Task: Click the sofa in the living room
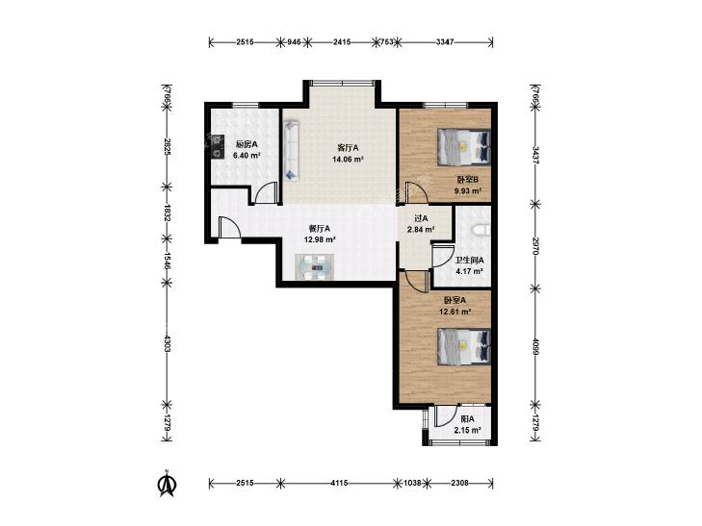tap(292, 150)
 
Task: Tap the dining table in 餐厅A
tap(315, 267)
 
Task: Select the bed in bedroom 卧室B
tap(464, 146)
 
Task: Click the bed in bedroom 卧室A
tap(464, 346)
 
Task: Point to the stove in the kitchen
tap(218, 146)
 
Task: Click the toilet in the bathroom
tap(481, 229)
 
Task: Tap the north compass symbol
tap(167, 484)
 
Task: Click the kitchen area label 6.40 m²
tap(247, 156)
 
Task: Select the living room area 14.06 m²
tap(348, 159)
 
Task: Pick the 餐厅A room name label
tap(320, 228)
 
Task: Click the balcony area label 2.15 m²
tap(467, 431)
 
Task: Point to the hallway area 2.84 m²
tap(421, 230)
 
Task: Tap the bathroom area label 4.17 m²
tap(469, 271)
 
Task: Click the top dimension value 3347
tap(445, 42)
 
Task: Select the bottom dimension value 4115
tap(340, 483)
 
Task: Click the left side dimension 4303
tap(167, 343)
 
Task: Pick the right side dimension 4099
tap(534, 346)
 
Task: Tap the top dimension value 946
tap(294, 42)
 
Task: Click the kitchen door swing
tap(266, 193)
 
